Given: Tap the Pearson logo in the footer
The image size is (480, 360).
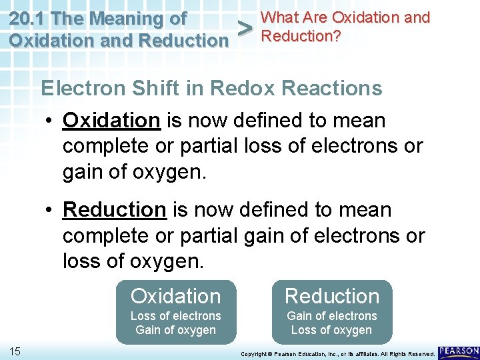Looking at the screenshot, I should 459,351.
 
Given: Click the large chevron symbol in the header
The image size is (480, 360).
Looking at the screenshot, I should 245,29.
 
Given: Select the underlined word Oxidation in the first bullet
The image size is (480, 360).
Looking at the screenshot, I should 111,121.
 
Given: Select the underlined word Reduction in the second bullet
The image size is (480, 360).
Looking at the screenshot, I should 114,210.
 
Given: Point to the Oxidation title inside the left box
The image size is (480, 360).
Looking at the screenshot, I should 175,296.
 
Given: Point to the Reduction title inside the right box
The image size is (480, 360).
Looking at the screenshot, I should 331,296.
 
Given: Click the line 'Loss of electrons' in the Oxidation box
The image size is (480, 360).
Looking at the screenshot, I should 175,316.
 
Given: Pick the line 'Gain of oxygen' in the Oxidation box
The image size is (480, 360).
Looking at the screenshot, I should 175,330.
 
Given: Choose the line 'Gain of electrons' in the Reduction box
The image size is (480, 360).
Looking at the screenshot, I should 331,316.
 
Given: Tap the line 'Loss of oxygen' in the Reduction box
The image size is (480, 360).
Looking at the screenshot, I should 331,330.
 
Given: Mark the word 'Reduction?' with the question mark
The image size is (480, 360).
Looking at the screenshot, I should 301,36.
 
